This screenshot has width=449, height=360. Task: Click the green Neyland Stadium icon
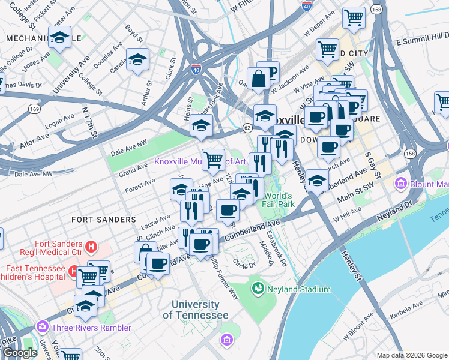pyautogui.click(x=258, y=289)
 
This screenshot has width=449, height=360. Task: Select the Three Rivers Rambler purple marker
pyautogui.click(x=42, y=328)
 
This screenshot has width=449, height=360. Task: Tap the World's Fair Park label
pyautogui.click(x=278, y=200)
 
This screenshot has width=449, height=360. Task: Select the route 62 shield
pyautogui.click(x=247, y=128)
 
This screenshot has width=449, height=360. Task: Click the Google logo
pyautogui.click(x=19, y=353)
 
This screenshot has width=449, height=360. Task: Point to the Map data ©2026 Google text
pyautogui.click(x=411, y=355)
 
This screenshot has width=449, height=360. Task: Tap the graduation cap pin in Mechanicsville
pyautogui.click(x=59, y=38)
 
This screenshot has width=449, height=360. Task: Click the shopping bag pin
pyautogui.click(x=258, y=79)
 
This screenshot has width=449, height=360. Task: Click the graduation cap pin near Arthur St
pyautogui.click(x=138, y=61)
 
